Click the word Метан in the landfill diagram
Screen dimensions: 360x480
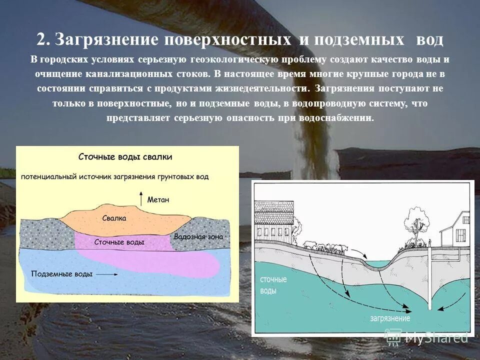(158, 199)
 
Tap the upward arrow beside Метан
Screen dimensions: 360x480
(141, 196)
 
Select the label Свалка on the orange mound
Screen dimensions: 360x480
(114, 218)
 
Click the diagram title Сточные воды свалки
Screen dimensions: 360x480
(125, 156)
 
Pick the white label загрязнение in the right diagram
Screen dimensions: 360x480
(390, 318)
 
